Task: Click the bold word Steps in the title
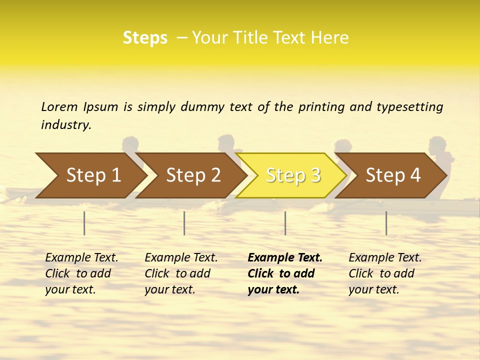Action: (145, 38)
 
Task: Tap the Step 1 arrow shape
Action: (90, 175)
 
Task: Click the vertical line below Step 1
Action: (84, 223)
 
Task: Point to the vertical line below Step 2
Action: (184, 223)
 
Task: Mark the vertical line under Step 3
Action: (285, 223)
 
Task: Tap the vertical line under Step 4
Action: (386, 223)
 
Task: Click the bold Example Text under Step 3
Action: (285, 258)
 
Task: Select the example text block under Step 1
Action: (81, 273)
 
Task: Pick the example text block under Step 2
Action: (181, 273)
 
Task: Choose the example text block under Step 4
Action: (385, 273)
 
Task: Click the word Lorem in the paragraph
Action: (59, 106)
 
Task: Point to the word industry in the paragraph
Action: (66, 125)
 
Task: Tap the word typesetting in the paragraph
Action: (409, 107)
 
